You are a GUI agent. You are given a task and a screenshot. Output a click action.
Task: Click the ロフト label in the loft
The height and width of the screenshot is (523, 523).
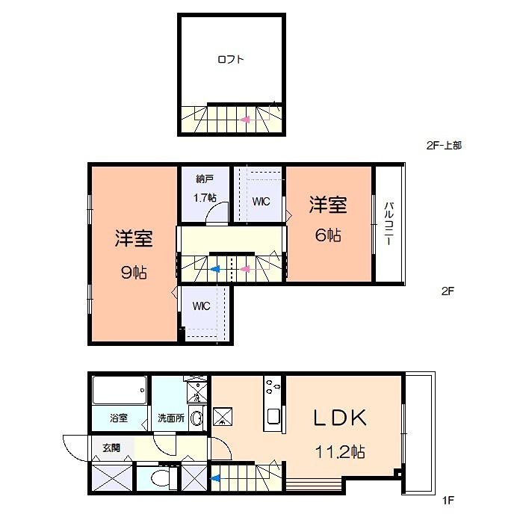click(231, 60)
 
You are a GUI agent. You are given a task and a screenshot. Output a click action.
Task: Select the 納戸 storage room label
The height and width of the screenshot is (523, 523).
click(205, 179)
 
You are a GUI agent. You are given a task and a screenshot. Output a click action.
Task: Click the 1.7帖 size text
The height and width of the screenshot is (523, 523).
click(205, 198)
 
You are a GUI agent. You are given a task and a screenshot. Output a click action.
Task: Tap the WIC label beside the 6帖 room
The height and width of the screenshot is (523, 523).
click(261, 202)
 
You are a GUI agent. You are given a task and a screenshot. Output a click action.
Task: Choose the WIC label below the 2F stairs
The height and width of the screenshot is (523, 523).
click(202, 306)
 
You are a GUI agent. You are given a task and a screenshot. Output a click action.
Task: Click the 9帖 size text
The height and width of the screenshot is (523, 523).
click(134, 273)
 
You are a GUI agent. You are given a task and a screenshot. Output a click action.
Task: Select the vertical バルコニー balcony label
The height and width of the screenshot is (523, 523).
click(389, 225)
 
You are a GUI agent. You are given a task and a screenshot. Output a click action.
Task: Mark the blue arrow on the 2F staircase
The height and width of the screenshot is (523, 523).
click(215, 269)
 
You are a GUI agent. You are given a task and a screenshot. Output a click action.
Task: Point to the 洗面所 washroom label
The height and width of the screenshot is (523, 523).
click(170, 418)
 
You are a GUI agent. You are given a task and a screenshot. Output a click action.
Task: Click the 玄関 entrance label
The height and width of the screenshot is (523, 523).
click(111, 448)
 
